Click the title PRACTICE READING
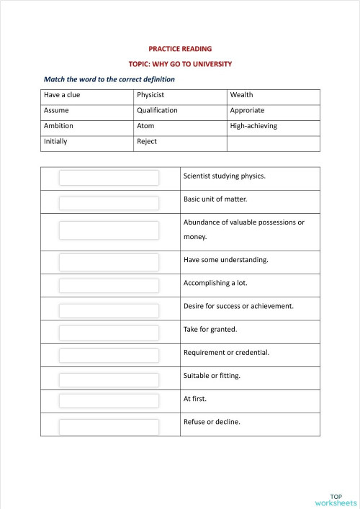coord(180,49)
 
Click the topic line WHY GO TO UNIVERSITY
coord(180,63)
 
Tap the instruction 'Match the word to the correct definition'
coord(109,78)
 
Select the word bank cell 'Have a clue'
coord(62,95)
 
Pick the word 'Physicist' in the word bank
coord(150,95)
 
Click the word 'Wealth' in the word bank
coord(241,95)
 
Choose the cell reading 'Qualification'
coord(157,111)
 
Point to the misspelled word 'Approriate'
coord(247,111)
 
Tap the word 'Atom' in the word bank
coord(145,126)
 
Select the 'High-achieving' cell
coord(253,126)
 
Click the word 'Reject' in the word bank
coord(147,142)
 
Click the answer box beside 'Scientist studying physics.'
coord(109,178)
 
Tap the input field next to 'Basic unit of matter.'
coord(109,202)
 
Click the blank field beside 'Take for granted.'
coord(109,332)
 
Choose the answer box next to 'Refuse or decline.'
coord(109,426)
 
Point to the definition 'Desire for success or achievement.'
coord(238,306)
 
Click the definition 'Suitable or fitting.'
coord(212,376)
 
